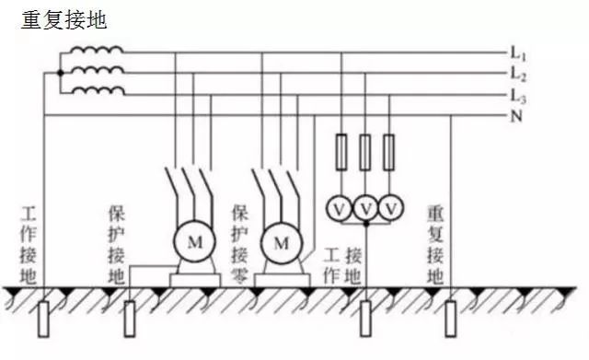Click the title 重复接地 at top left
[64, 20]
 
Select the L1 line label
[518, 53]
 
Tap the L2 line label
[518, 75]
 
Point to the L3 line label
[518, 96]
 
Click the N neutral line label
[516, 117]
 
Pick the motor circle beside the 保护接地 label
[194, 241]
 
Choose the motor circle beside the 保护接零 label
[282, 243]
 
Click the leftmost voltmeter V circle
[339, 209]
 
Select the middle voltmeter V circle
[366, 209]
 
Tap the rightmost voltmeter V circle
[391, 209]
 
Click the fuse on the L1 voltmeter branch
[341, 152]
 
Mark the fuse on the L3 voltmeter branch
[388, 152]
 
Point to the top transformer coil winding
[97, 50]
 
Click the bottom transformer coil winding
[98, 91]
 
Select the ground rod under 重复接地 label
[451, 319]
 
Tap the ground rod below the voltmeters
[365, 319]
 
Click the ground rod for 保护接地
[130, 319]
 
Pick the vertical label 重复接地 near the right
[435, 246]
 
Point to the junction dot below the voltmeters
[366, 224]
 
